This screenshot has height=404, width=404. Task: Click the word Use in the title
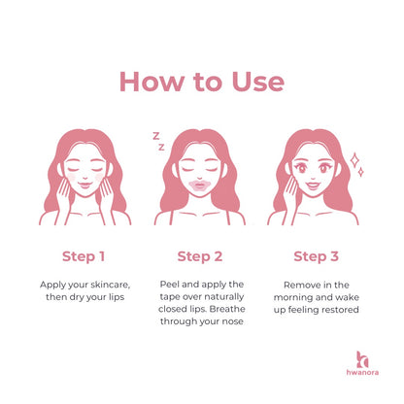258,81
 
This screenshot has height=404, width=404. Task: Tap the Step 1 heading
84,256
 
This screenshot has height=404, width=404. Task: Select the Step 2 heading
200,256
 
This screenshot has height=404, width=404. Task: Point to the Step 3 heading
316,256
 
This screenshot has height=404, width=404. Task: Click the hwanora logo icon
362,359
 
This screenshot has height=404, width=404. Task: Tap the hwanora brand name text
362,372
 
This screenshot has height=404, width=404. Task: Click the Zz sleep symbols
158,141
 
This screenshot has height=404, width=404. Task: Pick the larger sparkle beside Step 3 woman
354,160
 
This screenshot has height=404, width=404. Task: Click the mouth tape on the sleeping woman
200,187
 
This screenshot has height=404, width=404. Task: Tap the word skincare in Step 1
111,285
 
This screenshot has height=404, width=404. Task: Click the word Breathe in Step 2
227,309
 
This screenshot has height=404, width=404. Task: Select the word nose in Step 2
232,321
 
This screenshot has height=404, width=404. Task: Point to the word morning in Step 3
292,297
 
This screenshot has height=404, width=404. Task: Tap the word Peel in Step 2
169,285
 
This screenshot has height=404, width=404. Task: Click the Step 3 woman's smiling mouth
313,185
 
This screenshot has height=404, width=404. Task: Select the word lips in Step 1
117,297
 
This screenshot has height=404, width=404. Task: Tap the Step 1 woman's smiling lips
84,185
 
